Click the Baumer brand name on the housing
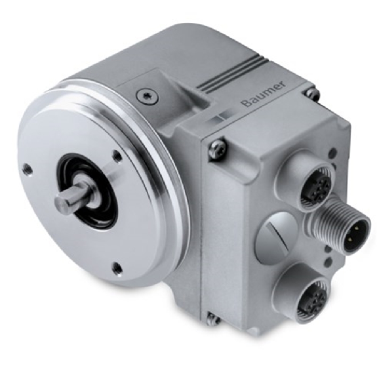[x=264, y=94]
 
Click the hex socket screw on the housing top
[x=148, y=96]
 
